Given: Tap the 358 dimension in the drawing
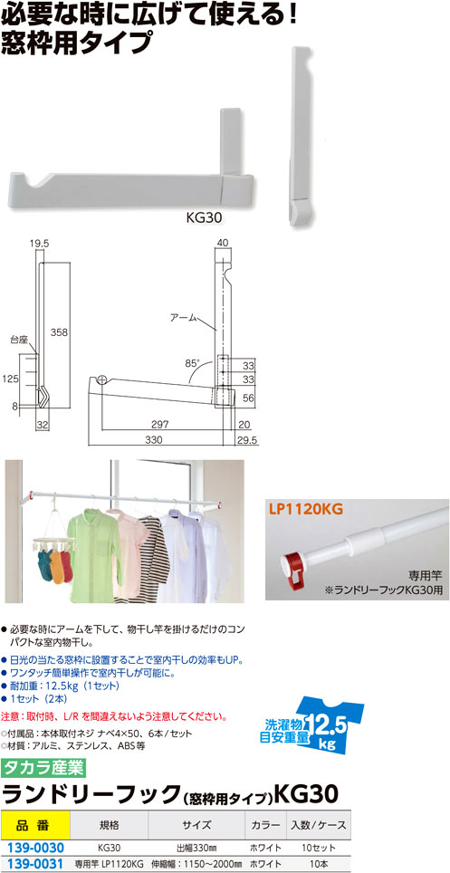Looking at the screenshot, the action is click(59, 333).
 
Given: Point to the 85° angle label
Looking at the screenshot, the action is click(192, 363).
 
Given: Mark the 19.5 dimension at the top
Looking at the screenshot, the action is click(42, 244).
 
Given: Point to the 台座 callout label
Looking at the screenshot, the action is click(18, 339).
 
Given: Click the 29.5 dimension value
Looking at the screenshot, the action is click(252, 440).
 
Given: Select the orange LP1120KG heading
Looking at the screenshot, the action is click(304, 508).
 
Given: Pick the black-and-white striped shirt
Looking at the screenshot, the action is click(154, 552).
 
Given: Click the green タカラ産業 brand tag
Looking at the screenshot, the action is click(44, 768).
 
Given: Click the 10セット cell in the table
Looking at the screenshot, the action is click(319, 848).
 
